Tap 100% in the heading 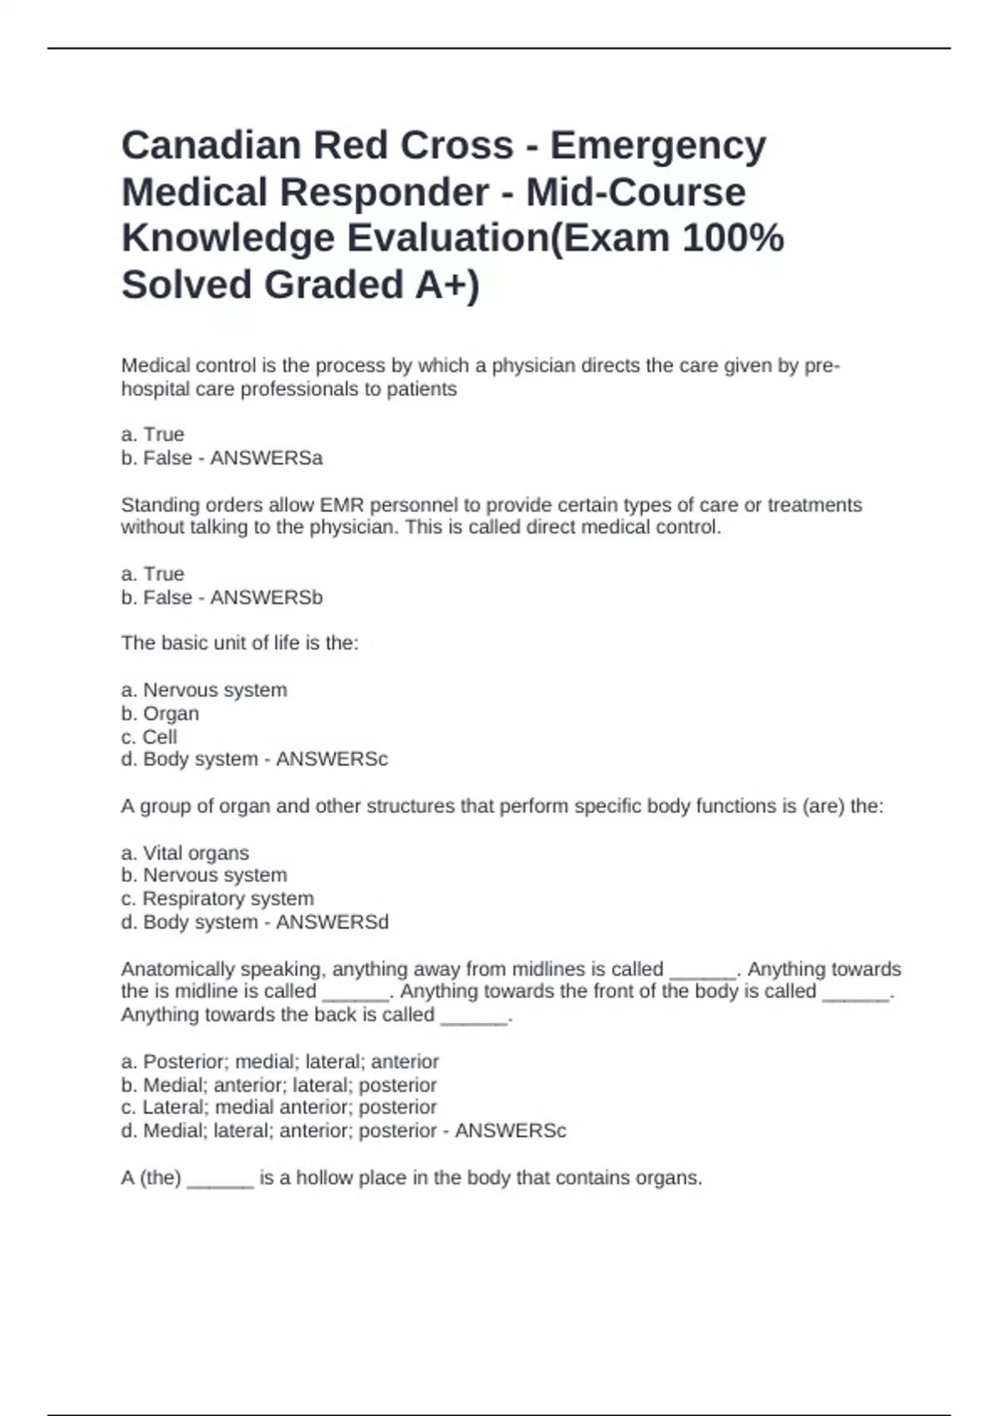733,238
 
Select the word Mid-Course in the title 635,192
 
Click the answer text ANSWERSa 266,458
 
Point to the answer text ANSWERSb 266,598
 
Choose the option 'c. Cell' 149,737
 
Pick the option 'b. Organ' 160,714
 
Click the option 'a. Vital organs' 185,853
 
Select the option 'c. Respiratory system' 217,899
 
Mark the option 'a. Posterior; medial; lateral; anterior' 280,1062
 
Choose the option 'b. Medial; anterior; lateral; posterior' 279,1085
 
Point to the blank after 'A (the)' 220,1179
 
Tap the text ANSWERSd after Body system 332,922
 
